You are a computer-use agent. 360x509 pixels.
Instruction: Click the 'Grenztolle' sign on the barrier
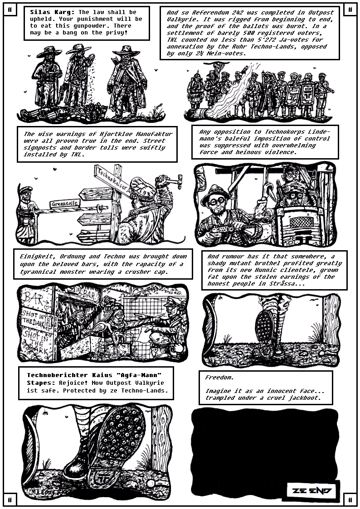64,204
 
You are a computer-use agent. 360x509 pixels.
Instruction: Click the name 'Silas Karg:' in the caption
52,12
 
